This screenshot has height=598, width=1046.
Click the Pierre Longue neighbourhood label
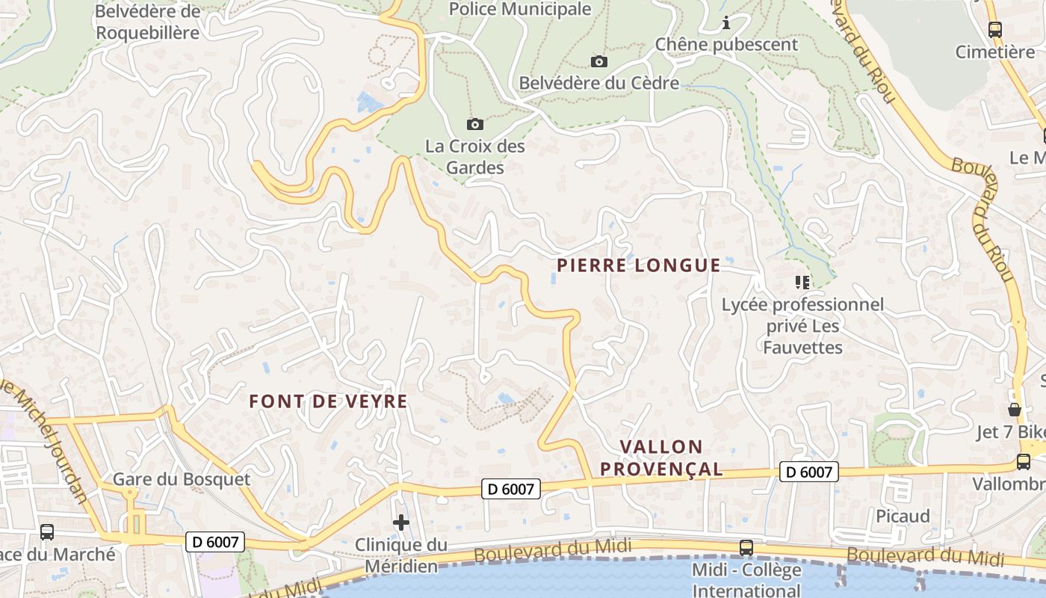[639, 265]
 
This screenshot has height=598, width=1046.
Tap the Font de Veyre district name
[328, 401]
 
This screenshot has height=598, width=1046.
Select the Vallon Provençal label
[661, 458]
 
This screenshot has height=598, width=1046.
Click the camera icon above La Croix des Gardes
[474, 124]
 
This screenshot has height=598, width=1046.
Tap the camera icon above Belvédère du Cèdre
[598, 61]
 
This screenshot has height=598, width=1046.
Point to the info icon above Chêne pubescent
[726, 23]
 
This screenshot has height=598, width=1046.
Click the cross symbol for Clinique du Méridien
[401, 523]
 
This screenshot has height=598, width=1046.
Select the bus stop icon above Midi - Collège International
[746, 547]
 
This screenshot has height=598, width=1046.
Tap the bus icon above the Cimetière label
[994, 30]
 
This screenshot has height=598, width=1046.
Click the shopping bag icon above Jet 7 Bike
[1014, 410]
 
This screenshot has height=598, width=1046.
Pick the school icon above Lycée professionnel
[802, 283]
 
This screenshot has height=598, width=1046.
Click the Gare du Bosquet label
[182, 479]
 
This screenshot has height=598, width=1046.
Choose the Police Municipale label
[520, 9]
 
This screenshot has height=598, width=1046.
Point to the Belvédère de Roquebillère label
[148, 22]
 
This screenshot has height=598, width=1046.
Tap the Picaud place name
[903, 517]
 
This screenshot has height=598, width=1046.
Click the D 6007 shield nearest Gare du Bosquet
[215, 542]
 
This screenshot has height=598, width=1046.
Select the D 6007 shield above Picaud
[808, 472]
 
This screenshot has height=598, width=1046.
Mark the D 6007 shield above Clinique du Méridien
[510, 489]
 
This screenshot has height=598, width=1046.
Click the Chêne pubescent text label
[726, 44]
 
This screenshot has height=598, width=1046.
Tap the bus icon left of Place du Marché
[46, 532]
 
